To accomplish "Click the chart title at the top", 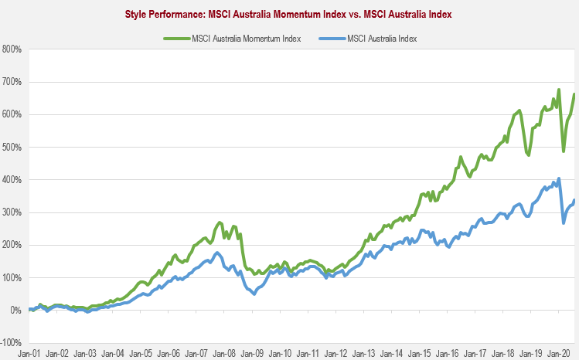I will (x=289, y=14).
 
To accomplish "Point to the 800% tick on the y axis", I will (x=12, y=49).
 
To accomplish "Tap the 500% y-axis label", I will (x=12, y=147).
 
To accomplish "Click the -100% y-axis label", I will (x=11, y=342).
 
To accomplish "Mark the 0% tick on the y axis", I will (x=15, y=310).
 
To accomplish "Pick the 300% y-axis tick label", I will (x=12, y=212).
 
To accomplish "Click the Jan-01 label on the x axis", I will (x=29, y=352).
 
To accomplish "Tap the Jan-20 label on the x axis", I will (x=558, y=352).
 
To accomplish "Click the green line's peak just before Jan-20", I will (x=558, y=90).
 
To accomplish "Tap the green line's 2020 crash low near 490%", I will (x=564, y=151).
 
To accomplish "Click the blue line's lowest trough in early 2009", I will (x=254, y=294).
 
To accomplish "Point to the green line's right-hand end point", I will (x=574, y=94).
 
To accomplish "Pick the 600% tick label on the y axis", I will (x=12, y=114).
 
